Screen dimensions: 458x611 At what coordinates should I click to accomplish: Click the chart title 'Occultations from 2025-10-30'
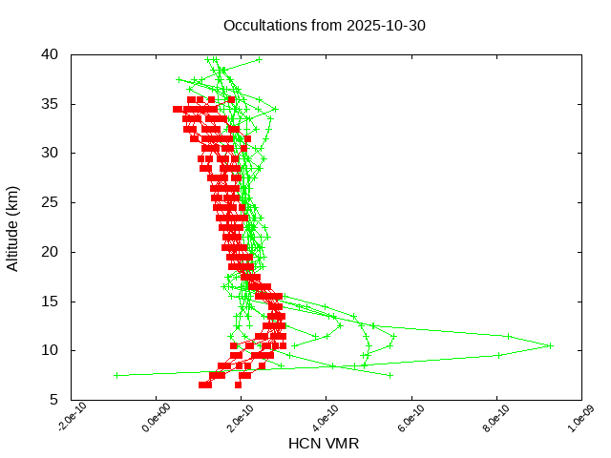coord(325,25)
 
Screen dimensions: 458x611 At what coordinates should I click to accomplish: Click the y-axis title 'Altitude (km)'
coord(13,227)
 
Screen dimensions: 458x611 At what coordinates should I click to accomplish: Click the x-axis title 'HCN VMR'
coord(324,444)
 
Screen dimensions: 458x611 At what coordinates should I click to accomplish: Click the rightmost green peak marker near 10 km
coord(551,345)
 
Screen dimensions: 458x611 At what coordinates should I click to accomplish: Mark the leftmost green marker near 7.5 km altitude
coord(116,375)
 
